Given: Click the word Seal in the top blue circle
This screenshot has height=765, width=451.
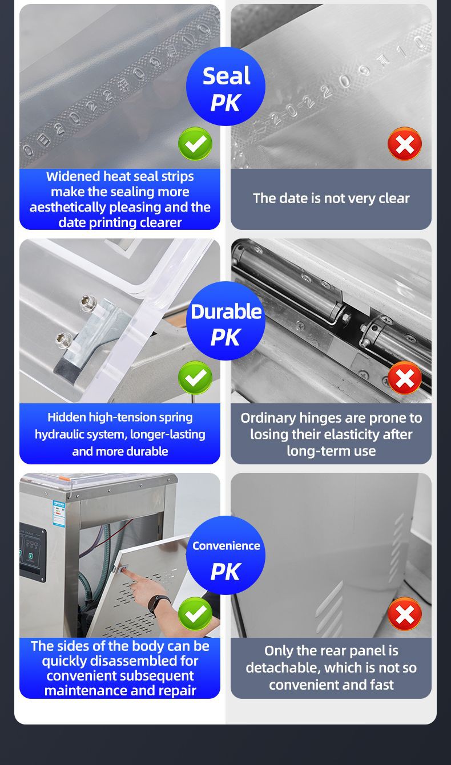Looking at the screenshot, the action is pyautogui.click(x=226, y=76).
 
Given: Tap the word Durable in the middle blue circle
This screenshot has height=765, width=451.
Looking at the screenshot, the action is pyautogui.click(x=226, y=311).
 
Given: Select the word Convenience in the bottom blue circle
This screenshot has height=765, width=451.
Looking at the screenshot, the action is pyautogui.click(x=226, y=546).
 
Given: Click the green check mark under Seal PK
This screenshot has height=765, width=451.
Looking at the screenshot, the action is pyautogui.click(x=195, y=143).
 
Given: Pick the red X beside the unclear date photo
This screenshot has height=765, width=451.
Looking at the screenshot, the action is pyautogui.click(x=405, y=143).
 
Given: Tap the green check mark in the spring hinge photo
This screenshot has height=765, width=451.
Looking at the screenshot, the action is pyautogui.click(x=195, y=378).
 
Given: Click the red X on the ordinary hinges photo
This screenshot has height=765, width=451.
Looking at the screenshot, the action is pyautogui.click(x=405, y=378).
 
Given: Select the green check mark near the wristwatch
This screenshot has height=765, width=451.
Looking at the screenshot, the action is pyautogui.click(x=195, y=614).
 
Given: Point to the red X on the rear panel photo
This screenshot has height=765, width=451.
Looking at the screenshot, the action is pyautogui.click(x=405, y=614).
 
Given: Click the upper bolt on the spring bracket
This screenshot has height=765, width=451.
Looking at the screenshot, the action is pyautogui.click(x=88, y=302).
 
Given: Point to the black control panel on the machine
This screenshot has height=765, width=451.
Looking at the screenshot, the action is pyautogui.click(x=33, y=553).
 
